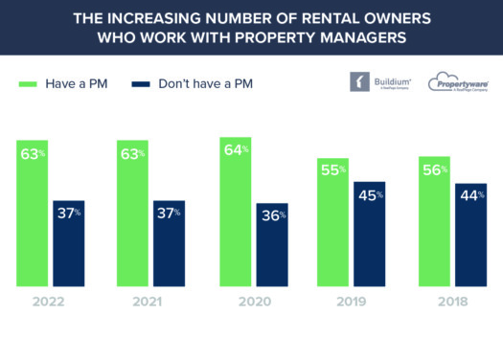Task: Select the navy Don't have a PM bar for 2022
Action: pos(68,243)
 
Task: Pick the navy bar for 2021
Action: pos(169,243)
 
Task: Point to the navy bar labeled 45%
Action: pos(370,234)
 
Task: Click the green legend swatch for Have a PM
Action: pos(28,83)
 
